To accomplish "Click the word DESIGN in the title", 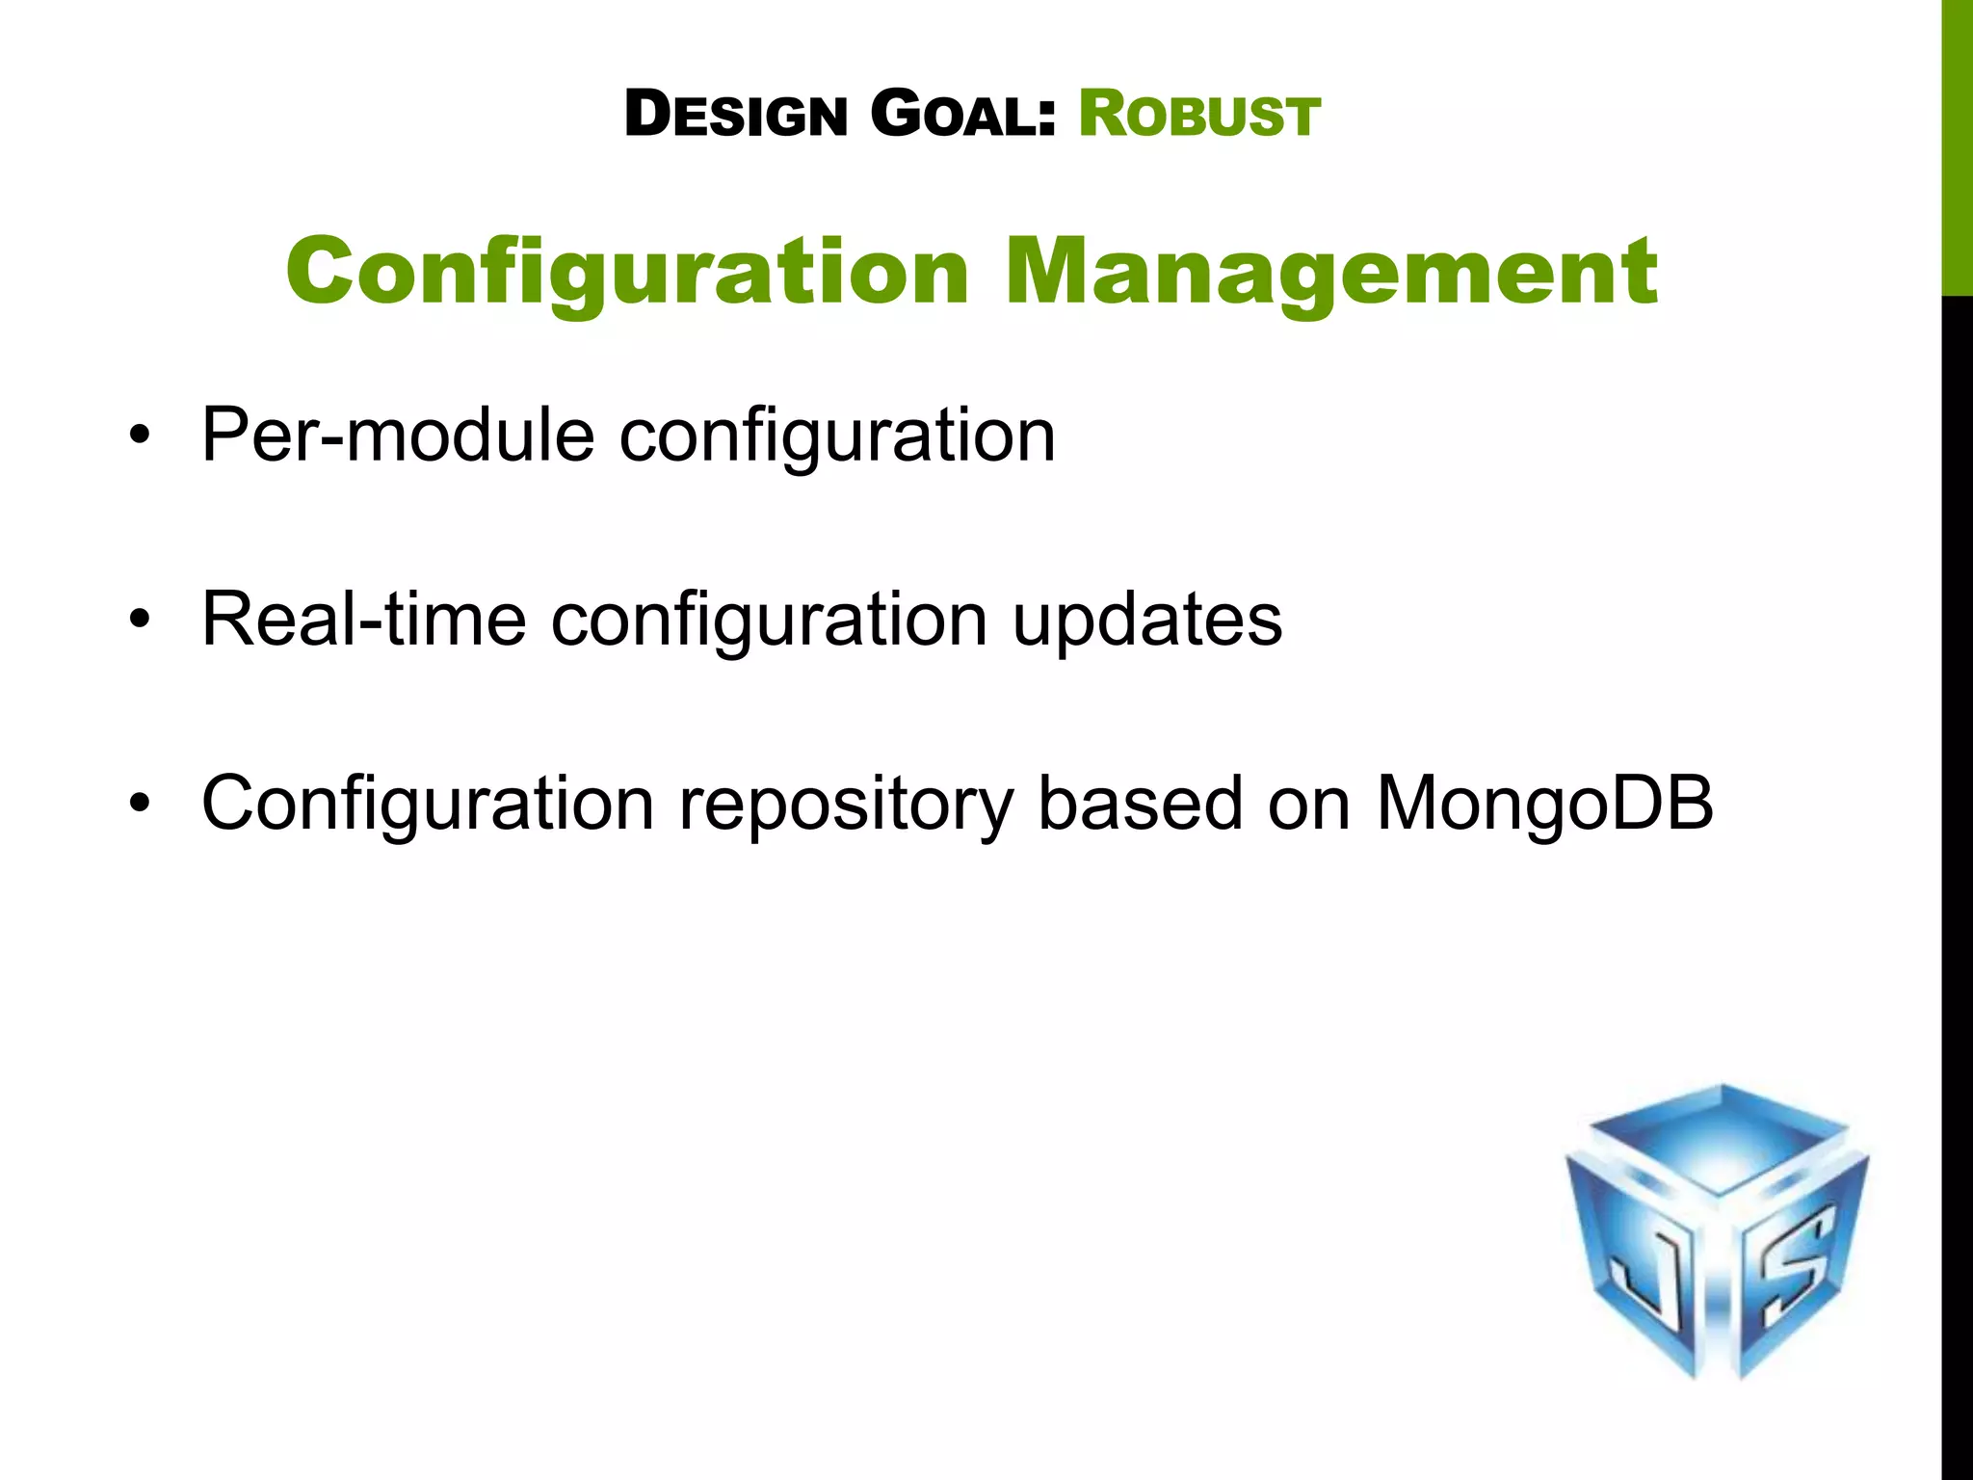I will [x=736, y=115].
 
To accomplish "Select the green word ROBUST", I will [x=1198, y=115].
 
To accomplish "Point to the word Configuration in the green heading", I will [x=627, y=273].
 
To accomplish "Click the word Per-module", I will [x=397, y=436].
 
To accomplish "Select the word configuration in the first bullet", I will [x=837, y=436].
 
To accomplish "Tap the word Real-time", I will [x=363, y=620].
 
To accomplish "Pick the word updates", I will [x=1146, y=620].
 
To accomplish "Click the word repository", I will [x=846, y=805].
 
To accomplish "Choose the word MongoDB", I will [x=1545, y=803].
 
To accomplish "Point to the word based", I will [x=1140, y=803].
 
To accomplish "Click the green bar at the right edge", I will [x=1957, y=145].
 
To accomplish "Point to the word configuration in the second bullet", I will [x=769, y=620].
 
